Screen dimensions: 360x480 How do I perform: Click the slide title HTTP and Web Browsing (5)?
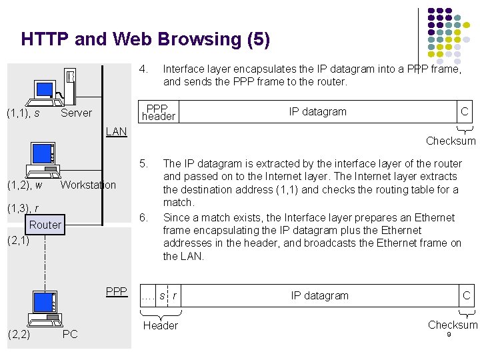[x=145, y=39]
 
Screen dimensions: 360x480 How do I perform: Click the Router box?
[x=45, y=225]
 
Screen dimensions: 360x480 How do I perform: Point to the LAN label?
[x=116, y=131]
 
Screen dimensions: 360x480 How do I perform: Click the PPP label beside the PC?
[x=116, y=291]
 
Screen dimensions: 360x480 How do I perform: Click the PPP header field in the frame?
[x=159, y=112]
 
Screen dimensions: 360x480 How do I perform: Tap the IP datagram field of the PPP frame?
[x=317, y=112]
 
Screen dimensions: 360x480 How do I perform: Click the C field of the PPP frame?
[x=465, y=112]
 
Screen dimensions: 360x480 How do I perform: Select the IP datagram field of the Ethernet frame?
[x=319, y=295]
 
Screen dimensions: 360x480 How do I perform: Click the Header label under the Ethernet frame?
[x=161, y=325]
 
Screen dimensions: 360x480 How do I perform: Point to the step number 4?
[x=143, y=68]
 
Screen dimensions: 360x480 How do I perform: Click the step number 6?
[x=143, y=217]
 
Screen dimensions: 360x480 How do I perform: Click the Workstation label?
[x=88, y=185]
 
